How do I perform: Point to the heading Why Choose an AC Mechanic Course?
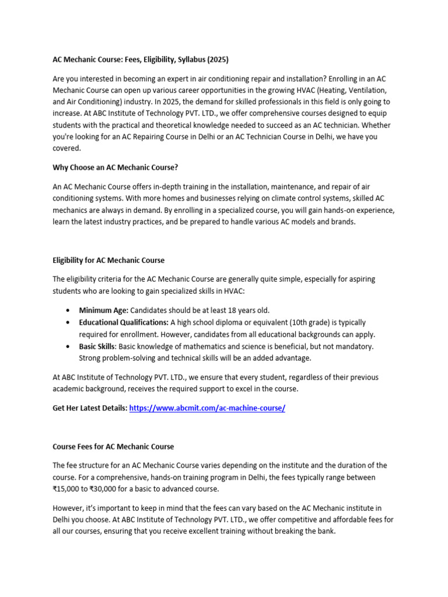pos(116,167)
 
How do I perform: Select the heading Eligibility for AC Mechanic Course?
pos(108,260)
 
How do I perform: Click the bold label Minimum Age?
pos(103,310)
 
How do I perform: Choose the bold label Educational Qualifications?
pos(124,322)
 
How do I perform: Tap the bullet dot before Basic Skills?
pos(69,346)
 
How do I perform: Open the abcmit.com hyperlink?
pos(207,409)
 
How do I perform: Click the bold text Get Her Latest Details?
pos(90,409)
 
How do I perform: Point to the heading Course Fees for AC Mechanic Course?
pos(113,447)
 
